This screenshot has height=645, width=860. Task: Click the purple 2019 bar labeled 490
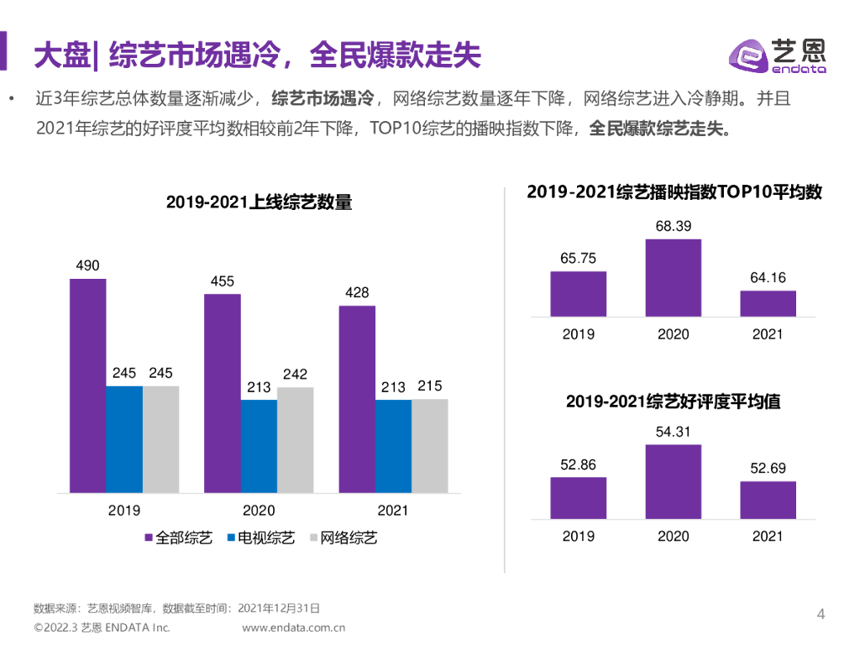(x=87, y=385)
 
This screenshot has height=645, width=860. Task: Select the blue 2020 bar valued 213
(x=259, y=446)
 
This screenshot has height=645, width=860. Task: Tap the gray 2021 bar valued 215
(x=429, y=446)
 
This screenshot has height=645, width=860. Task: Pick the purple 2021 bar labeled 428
(x=357, y=399)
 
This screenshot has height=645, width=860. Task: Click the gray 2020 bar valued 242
(x=295, y=440)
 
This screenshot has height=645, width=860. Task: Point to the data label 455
(x=222, y=281)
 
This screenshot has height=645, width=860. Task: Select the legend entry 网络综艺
(x=343, y=538)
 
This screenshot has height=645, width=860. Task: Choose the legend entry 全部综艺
(x=178, y=538)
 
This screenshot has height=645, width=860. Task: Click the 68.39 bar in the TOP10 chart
(x=673, y=278)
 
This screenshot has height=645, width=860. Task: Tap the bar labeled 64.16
(x=768, y=303)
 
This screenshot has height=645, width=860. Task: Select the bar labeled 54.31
(x=673, y=481)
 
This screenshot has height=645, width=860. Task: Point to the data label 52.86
(x=578, y=465)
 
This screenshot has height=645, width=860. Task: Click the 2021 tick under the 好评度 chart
(x=768, y=537)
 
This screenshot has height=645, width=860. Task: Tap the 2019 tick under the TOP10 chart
(x=578, y=334)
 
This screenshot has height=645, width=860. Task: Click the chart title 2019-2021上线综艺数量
(x=259, y=202)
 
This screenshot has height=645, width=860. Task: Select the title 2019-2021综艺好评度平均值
(x=673, y=402)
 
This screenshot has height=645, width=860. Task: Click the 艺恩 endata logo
(x=776, y=56)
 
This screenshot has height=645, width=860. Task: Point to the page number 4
(x=821, y=615)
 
